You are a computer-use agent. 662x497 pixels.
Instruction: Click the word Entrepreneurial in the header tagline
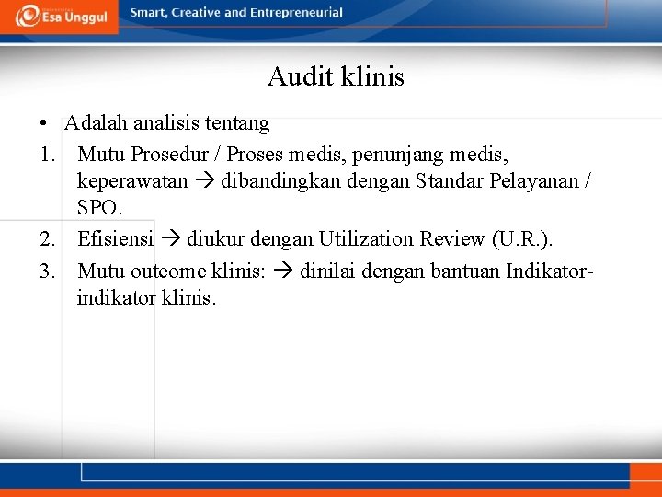pos(297,13)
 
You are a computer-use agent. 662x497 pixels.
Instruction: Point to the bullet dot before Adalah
pos(43,124)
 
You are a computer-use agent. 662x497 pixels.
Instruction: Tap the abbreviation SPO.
pos(99,210)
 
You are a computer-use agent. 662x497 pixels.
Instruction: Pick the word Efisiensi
pos(115,239)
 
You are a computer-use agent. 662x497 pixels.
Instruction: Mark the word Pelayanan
pos(533,181)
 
